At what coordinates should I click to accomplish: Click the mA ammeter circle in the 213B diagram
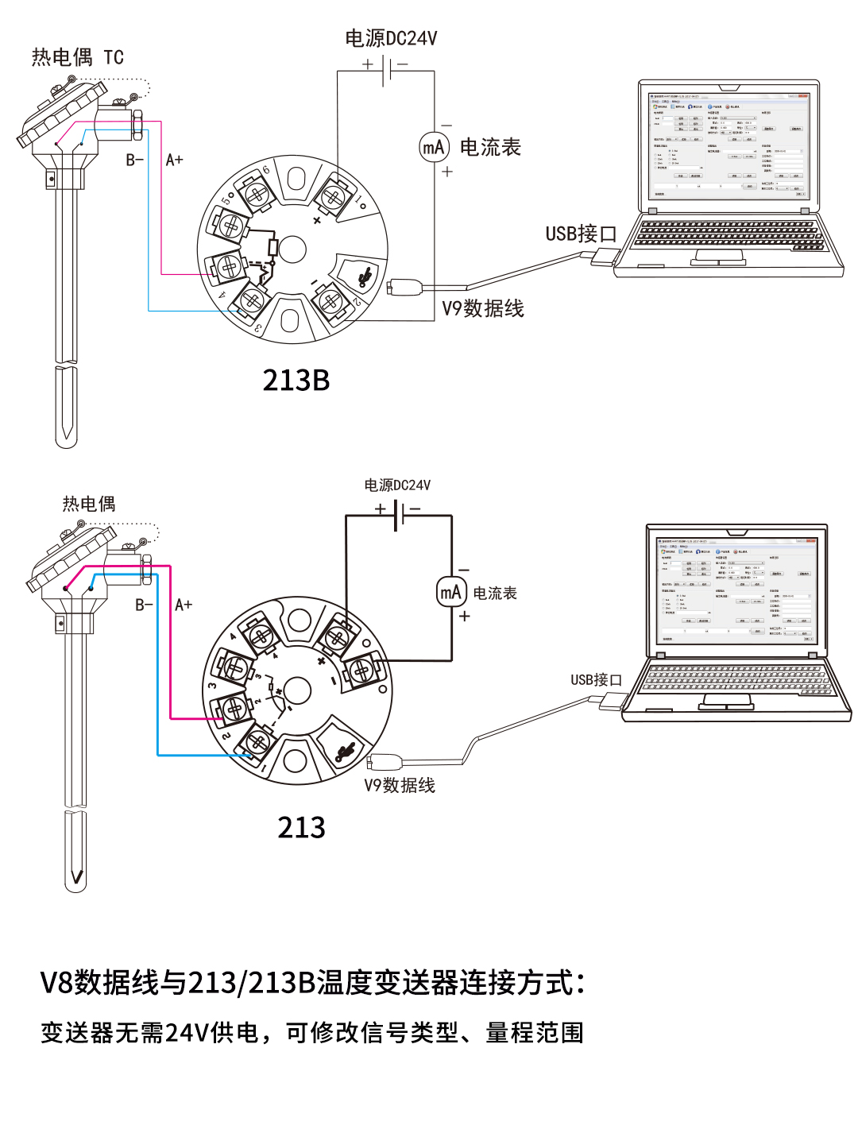click(434, 147)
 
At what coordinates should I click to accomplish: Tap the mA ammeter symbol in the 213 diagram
click(451, 592)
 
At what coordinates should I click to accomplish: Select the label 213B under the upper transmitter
click(296, 381)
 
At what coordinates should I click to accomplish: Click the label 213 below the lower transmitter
click(301, 828)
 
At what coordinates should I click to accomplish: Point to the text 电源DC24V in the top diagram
click(391, 38)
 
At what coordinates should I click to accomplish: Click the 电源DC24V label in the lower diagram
click(397, 485)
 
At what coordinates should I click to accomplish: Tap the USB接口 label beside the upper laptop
click(581, 234)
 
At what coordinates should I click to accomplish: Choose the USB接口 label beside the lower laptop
click(596, 679)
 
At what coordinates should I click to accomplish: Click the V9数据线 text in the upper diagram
click(483, 308)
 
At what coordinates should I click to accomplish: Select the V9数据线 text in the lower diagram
click(400, 785)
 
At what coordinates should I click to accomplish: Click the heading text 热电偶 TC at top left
click(77, 57)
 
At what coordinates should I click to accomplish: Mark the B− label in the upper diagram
click(135, 160)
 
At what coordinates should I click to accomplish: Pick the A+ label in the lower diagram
click(184, 605)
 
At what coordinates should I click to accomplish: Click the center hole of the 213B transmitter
click(292, 249)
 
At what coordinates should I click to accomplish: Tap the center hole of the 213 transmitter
click(297, 691)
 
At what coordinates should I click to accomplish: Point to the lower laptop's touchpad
click(726, 702)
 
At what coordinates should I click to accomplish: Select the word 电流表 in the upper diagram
click(490, 147)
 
